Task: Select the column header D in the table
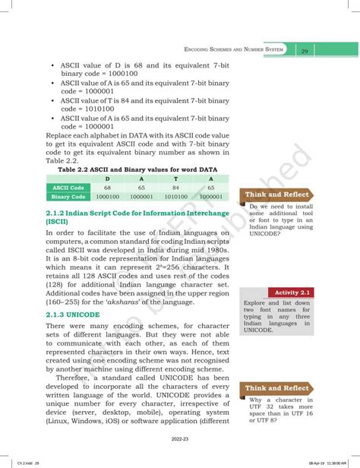coord(107,179)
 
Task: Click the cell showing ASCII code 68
coord(107,187)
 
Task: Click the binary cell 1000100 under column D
coord(107,196)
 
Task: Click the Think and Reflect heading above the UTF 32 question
coord(276,387)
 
